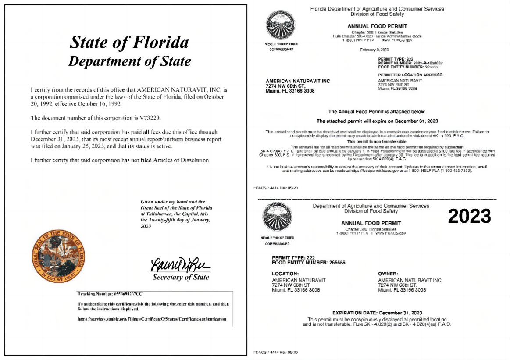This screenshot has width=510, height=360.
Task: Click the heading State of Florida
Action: tap(129, 43)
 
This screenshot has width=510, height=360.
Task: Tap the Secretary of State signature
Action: tap(180, 265)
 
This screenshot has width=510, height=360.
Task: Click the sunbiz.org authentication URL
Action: tap(152, 319)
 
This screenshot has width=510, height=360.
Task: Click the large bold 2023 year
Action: tap(469, 216)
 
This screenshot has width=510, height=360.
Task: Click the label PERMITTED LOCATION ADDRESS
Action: tap(410, 75)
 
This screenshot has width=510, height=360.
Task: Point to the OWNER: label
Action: tap(388, 274)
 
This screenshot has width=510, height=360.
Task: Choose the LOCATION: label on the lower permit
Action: tap(285, 274)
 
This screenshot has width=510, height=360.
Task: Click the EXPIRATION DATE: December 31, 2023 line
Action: tap(377, 313)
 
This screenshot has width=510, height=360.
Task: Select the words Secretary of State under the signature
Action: tap(180, 277)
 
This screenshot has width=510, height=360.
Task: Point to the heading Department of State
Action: tap(129, 61)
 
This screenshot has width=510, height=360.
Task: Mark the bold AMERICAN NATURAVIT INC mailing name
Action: tap(298, 81)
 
